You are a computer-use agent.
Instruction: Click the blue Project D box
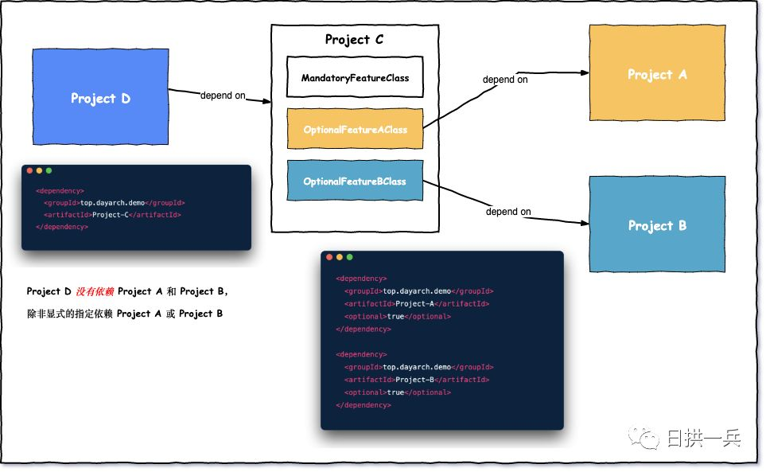tap(101, 97)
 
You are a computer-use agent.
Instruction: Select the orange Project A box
tap(657, 72)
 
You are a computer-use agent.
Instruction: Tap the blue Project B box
tap(657, 224)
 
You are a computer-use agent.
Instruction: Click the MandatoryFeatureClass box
tap(355, 77)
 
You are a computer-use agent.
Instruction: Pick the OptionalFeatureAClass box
tap(355, 129)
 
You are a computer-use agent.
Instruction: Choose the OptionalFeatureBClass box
tap(355, 181)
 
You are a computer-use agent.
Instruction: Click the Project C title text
tap(354, 40)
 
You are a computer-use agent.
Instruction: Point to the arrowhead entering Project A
tap(585, 72)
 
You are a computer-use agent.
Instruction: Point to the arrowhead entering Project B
tap(585, 224)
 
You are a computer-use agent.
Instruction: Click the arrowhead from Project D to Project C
tap(266, 101)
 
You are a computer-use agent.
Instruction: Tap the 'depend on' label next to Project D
tap(223, 96)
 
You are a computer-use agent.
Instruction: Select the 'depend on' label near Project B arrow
tap(508, 212)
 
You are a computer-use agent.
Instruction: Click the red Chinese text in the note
tap(95, 291)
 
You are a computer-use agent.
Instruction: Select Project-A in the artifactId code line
tap(414, 303)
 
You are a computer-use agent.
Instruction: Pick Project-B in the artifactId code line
tap(414, 380)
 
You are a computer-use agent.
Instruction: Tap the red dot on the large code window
tap(329, 257)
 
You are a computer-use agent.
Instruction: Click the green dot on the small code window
tap(49, 170)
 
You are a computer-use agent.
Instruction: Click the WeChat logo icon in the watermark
tap(644, 438)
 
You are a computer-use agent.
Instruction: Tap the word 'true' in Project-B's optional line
tap(395, 392)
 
